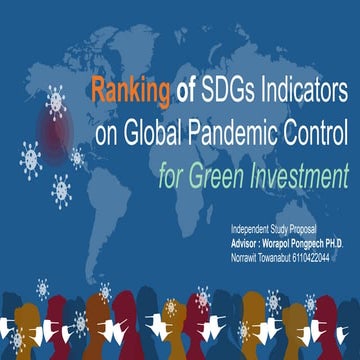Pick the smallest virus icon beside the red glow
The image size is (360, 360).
(78, 156)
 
